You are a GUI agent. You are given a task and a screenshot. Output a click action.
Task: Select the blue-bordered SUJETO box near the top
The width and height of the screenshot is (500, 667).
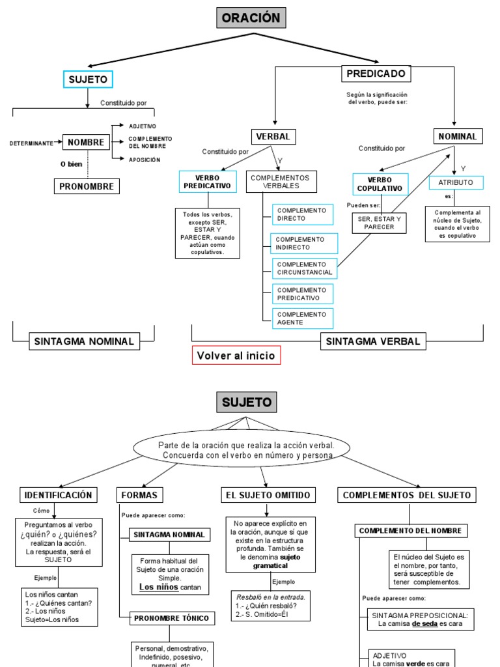(x=88, y=79)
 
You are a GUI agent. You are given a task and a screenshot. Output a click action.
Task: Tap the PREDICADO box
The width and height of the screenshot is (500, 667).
(x=376, y=74)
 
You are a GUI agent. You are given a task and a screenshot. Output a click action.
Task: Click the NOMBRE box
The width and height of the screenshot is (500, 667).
(x=86, y=142)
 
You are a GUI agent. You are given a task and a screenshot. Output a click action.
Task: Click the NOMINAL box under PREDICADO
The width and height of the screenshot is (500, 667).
(x=458, y=136)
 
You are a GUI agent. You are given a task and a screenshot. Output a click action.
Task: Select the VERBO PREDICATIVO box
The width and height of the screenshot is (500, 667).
(x=208, y=182)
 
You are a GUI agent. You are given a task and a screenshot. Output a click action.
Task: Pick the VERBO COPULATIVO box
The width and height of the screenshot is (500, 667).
(x=380, y=184)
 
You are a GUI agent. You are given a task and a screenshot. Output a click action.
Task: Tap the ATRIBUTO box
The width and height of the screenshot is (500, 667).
(x=456, y=182)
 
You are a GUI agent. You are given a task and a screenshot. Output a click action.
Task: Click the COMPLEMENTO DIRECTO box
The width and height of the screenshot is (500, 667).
(x=302, y=214)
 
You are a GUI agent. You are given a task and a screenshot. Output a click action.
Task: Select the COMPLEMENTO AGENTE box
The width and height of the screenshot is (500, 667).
(x=302, y=319)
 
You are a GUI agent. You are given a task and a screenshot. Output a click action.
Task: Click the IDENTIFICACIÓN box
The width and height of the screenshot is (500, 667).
(x=59, y=495)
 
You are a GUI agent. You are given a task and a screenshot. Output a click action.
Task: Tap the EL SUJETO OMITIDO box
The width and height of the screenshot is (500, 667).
(x=268, y=495)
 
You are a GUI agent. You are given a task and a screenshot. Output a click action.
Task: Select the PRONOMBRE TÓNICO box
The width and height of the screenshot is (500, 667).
(x=169, y=618)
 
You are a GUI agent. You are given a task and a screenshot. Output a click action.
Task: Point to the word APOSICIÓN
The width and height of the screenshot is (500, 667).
(x=144, y=160)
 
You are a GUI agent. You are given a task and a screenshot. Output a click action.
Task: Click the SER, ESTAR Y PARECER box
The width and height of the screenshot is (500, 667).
(x=380, y=223)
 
